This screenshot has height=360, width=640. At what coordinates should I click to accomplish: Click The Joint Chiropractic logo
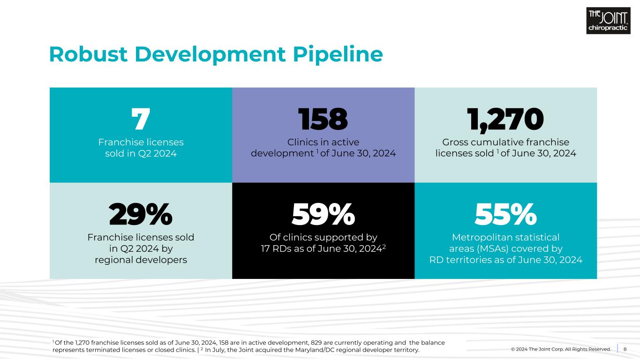[608, 21]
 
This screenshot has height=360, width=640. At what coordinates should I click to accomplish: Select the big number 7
[140, 120]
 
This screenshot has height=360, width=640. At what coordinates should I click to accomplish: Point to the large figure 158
[323, 120]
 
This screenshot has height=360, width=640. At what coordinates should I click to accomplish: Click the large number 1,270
[505, 120]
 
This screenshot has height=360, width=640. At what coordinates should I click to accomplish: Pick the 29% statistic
[141, 215]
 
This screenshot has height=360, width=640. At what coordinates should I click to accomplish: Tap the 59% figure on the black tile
[323, 215]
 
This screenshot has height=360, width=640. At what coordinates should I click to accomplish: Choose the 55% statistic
[505, 215]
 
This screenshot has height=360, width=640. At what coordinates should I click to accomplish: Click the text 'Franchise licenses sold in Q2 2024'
[141, 147]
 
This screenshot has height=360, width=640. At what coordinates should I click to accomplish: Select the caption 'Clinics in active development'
[323, 147]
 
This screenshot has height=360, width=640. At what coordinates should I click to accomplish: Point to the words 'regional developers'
[141, 260]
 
